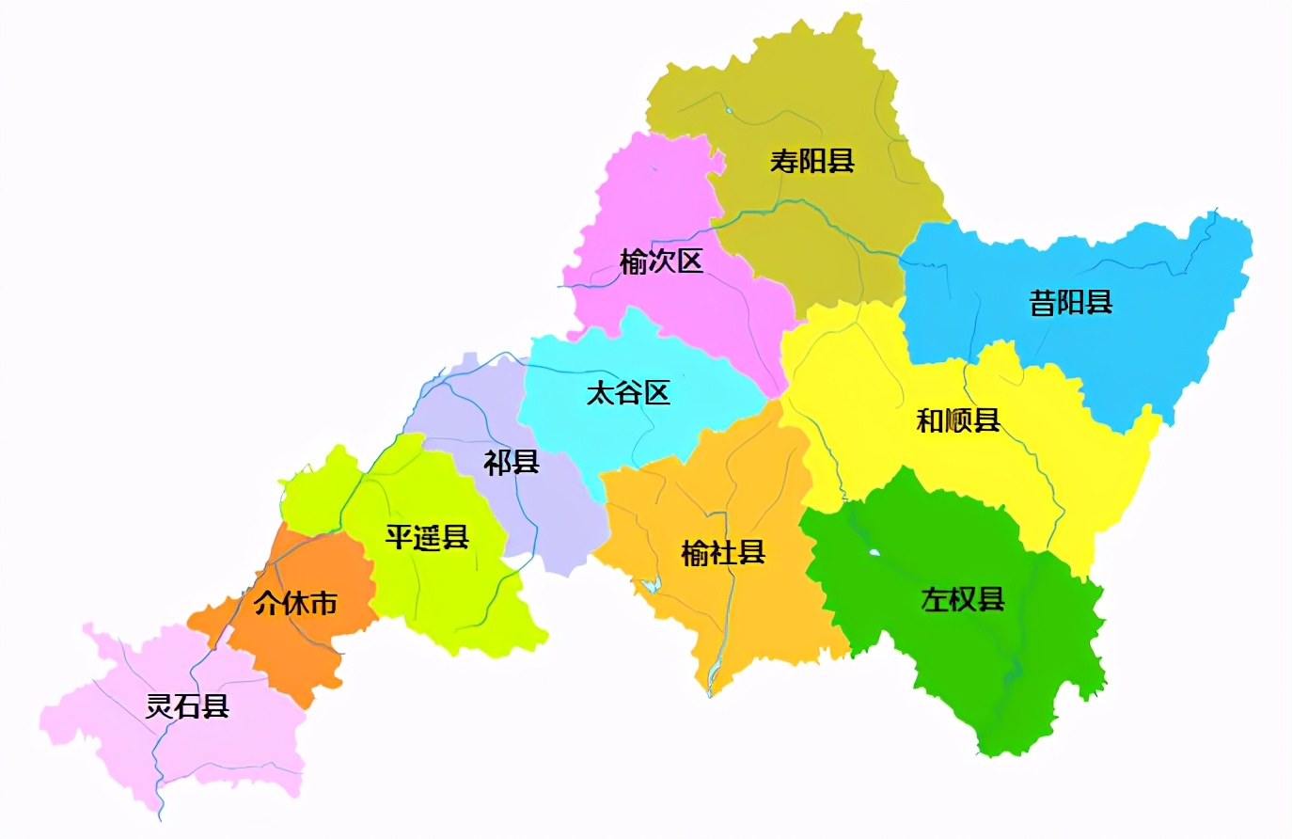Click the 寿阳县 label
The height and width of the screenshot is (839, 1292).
coord(811,161)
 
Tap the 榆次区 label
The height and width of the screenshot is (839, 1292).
coord(661,261)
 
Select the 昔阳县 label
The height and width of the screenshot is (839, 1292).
coord(1071,303)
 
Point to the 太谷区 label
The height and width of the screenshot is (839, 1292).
coord(628,392)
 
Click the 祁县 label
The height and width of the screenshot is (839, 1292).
coord(512,462)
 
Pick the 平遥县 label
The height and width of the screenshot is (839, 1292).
coord(427,537)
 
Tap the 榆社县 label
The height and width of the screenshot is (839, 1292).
coord(723,552)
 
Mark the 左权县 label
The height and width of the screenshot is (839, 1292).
coord(963,598)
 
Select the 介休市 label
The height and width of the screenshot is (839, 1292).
coord(295,603)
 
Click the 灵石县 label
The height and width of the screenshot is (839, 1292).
coord(187,705)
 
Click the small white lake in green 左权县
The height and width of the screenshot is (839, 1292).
coord(874,553)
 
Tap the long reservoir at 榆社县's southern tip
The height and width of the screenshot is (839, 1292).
coord(714,669)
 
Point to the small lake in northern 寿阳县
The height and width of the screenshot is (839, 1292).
coord(729,111)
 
